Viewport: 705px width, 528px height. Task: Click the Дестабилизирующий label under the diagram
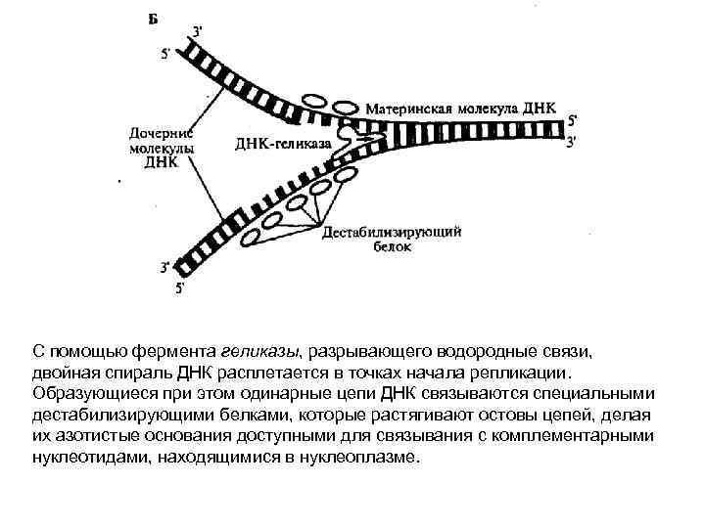(x=392, y=233)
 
